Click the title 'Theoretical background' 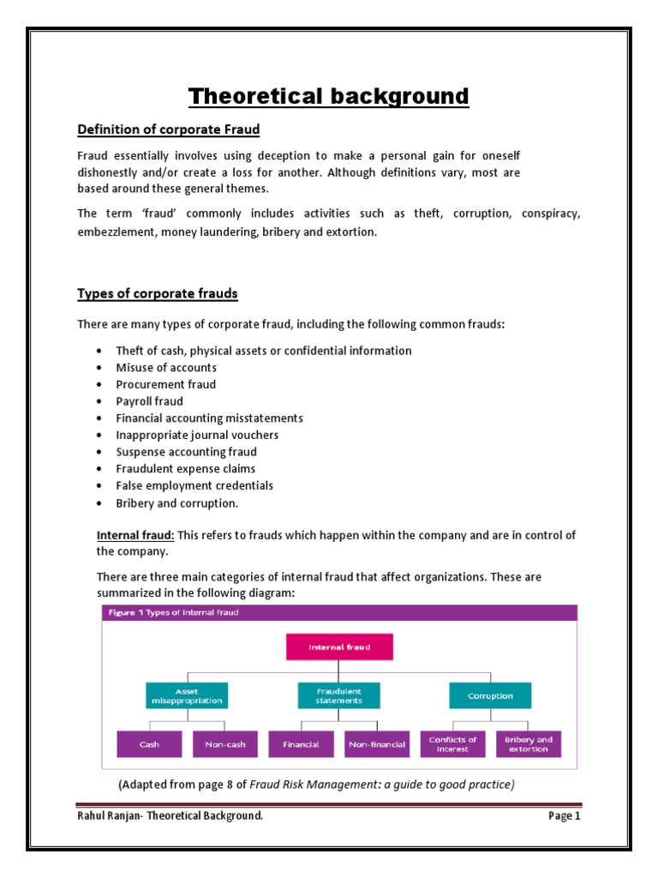tap(329, 95)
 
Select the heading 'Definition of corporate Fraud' tap(168, 129)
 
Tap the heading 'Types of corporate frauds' tap(158, 294)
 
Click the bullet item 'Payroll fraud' tap(150, 401)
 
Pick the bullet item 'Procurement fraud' tap(166, 384)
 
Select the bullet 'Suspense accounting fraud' tap(186, 452)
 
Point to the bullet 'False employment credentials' tap(194, 485)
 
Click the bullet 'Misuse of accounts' tap(166, 368)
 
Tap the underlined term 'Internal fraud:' tap(135, 535)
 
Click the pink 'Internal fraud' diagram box tap(339, 647)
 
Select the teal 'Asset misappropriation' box tap(187, 695)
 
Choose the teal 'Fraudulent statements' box tap(338, 695)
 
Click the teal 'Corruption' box tap(490, 695)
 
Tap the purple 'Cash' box tap(148, 744)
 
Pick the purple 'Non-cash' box tap(225, 744)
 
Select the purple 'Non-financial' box tap(376, 744)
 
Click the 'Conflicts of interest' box tap(453, 744)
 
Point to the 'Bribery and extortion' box tap(528, 744)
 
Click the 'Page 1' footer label tap(564, 816)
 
